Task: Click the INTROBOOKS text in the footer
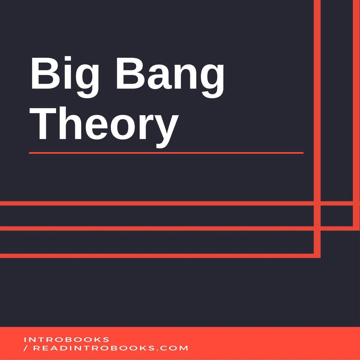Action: coord(66,340)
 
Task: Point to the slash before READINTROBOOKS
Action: coord(26,348)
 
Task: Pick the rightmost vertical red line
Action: coord(354,105)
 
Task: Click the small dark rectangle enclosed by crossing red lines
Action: coord(336,216)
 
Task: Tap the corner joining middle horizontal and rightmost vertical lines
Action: coord(354,228)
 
